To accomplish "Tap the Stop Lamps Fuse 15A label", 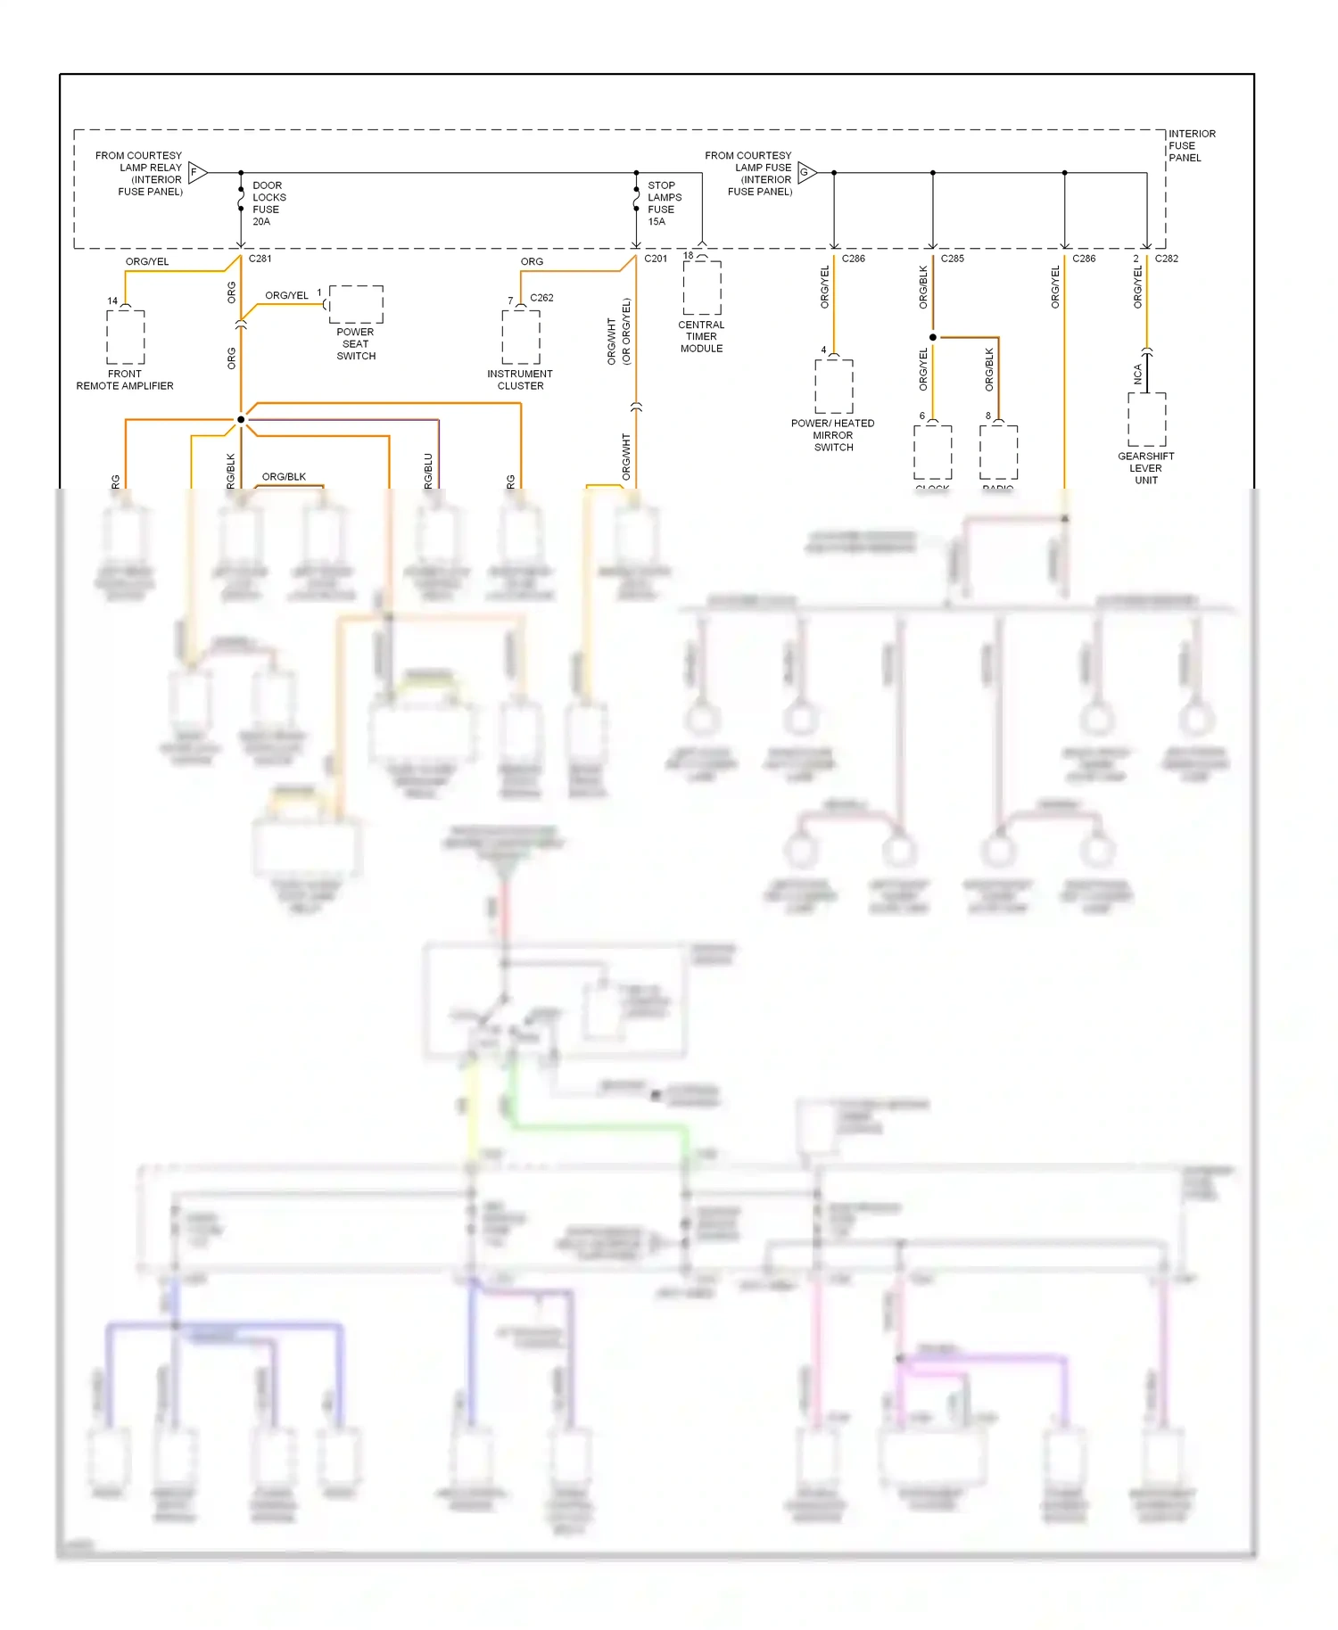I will pyautogui.click(x=664, y=203).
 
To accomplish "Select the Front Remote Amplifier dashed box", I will pyautogui.click(x=126, y=336).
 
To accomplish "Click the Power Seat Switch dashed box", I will pyautogui.click(x=356, y=304).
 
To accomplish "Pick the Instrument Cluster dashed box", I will pyautogui.click(x=521, y=336).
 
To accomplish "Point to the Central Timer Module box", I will pyautogui.click(x=702, y=287).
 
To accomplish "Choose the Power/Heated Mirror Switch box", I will pyautogui.click(x=834, y=386).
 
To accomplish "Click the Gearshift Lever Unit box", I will pyautogui.click(x=1147, y=419).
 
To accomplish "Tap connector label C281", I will pyautogui.click(x=260, y=259).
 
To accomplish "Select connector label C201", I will pyautogui.click(x=656, y=259).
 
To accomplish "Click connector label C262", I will pyautogui.click(x=541, y=298).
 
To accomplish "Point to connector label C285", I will pyautogui.click(x=952, y=259).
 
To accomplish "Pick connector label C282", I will pyautogui.click(x=1167, y=259).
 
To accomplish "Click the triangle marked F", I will pyautogui.click(x=197, y=172).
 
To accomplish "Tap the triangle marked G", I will pyautogui.click(x=806, y=172).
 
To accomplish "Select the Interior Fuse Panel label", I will pyautogui.click(x=1192, y=145).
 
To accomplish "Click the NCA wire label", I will pyautogui.click(x=1138, y=374).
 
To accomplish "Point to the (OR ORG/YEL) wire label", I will pyautogui.click(x=626, y=331).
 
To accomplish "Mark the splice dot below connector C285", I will pyautogui.click(x=933, y=337).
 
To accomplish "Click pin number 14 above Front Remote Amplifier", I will pyautogui.click(x=112, y=300).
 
